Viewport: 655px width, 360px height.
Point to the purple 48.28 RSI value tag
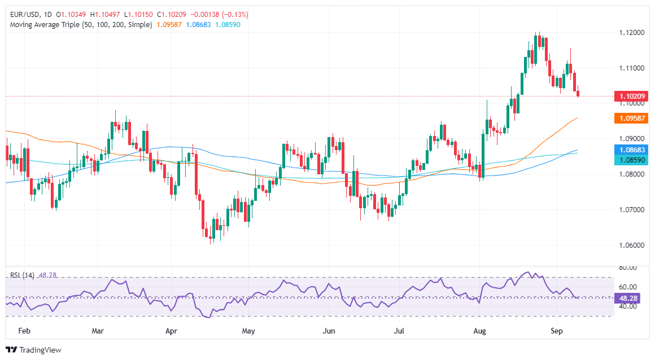(x=628, y=297)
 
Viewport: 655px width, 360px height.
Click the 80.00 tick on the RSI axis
(x=628, y=267)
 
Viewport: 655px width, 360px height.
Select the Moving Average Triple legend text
(x=79, y=25)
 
